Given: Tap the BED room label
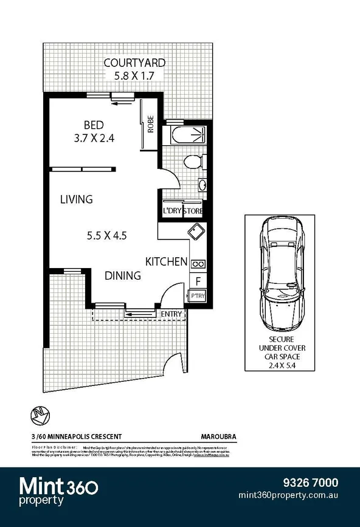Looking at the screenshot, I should click(x=93, y=125).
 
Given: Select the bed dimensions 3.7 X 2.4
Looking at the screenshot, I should click(x=93, y=138).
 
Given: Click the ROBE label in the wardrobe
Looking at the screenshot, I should click(x=151, y=125).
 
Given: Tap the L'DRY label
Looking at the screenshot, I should click(x=172, y=211).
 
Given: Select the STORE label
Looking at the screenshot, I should click(x=193, y=211).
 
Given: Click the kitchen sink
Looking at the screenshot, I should click(x=196, y=232).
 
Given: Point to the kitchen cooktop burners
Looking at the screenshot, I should click(x=198, y=264).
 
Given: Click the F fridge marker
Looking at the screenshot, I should click(x=198, y=281).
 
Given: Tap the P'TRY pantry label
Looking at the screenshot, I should click(x=198, y=296).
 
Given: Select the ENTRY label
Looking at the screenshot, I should click(x=171, y=314).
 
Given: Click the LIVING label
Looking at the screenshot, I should click(x=76, y=199).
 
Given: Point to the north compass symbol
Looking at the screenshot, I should click(x=38, y=416).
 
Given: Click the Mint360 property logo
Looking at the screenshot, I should click(x=60, y=491).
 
